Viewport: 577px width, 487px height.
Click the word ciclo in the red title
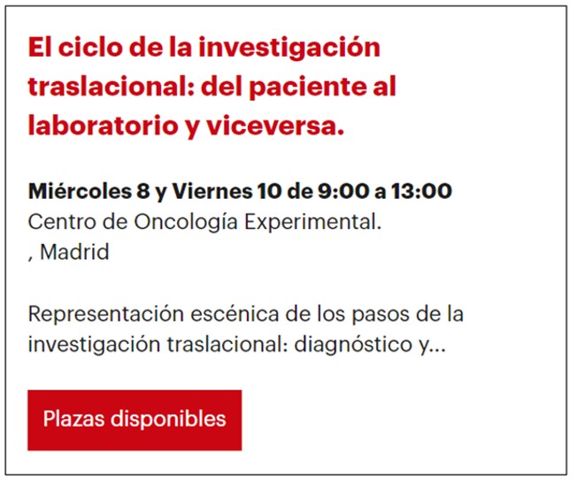coord(90,47)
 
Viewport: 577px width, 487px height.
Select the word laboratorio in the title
coord(104,126)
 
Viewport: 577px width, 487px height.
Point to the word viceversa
coord(274,126)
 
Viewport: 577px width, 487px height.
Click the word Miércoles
coord(80,191)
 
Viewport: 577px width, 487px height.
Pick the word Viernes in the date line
coord(212,191)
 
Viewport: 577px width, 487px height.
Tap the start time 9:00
coord(343,191)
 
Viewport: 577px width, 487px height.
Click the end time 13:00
coord(422,191)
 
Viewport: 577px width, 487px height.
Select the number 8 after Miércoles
coord(143,191)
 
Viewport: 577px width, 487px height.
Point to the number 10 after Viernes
coord(269,191)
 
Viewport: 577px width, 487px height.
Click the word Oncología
coord(186,223)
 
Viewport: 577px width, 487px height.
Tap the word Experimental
coord(312,223)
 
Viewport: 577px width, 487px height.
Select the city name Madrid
coord(74,252)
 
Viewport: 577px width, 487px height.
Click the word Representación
coord(106,315)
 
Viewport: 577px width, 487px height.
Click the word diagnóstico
coord(353,345)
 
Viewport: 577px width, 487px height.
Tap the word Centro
coord(62,222)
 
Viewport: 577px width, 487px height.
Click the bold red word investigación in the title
coord(289,49)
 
